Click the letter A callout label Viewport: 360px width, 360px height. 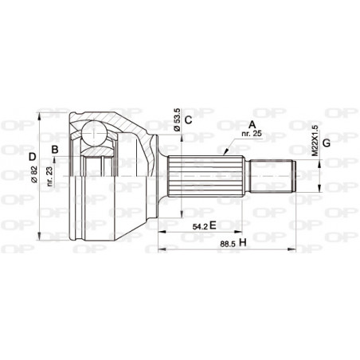tap(252, 123)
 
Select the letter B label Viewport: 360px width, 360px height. tap(55, 149)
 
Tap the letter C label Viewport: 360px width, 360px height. tap(187, 120)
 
